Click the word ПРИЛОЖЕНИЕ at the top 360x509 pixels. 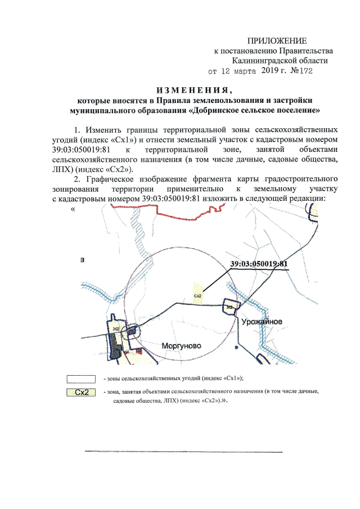pyautogui.click(x=277, y=41)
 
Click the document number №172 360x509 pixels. pyautogui.click(x=299, y=71)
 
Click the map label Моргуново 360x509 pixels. pyautogui.click(x=181, y=345)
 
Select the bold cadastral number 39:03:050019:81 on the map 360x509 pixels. pyautogui.click(x=259, y=263)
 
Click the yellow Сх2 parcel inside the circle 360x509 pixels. pyautogui.click(x=197, y=295)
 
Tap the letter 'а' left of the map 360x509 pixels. pyautogui.click(x=83, y=260)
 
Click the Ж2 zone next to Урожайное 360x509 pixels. pyautogui.click(x=229, y=308)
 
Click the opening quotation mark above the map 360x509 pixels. pyautogui.click(x=73, y=209)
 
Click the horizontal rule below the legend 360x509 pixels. pyautogui.click(x=183, y=451)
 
